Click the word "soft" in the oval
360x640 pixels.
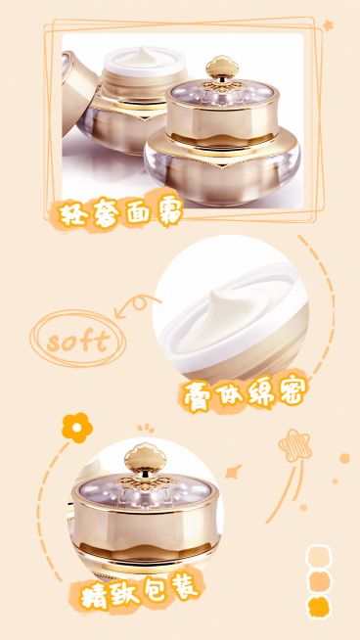(78, 341)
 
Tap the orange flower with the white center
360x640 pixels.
(77, 428)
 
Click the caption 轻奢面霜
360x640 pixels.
(120, 212)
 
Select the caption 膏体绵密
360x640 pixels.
(244, 394)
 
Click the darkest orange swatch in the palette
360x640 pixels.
(318, 608)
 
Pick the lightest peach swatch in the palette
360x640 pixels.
(318, 556)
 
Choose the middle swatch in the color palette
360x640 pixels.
(318, 581)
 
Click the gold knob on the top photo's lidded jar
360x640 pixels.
(222, 69)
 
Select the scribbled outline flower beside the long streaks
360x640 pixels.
(294, 445)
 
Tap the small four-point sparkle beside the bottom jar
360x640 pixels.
(233, 472)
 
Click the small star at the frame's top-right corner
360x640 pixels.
(328, 25)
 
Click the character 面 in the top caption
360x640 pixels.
(138, 212)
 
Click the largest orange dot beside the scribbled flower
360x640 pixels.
(344, 458)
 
